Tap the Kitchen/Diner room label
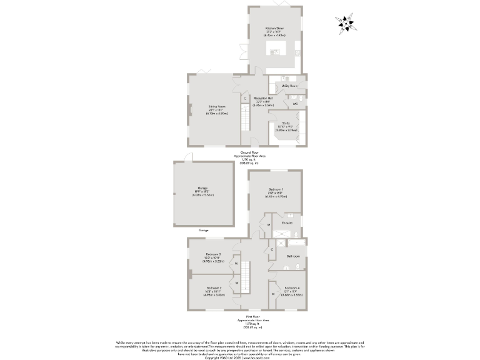point(275,29)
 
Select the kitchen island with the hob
point(276,47)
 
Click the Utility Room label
point(289,85)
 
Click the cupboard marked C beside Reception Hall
point(245,99)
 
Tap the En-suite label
point(287,222)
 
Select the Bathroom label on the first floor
point(293,256)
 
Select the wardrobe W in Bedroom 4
point(273,293)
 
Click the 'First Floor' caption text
point(244,317)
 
